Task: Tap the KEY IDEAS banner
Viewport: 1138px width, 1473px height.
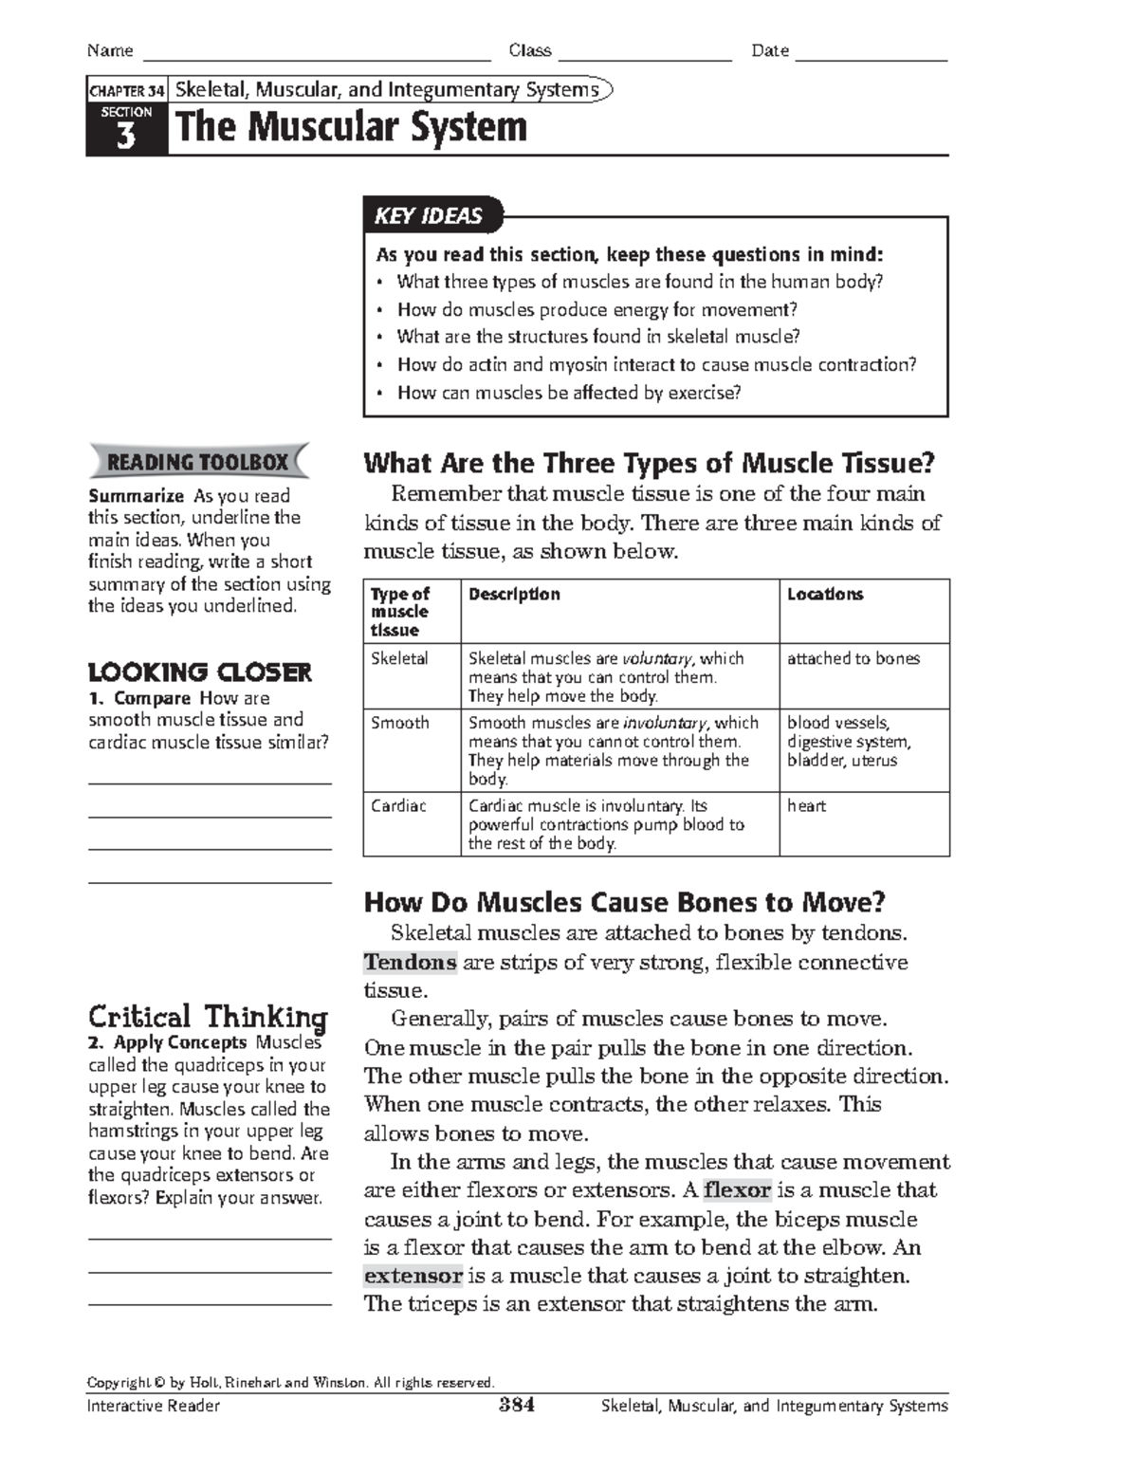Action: (x=429, y=216)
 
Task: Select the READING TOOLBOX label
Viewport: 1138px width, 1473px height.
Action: (x=197, y=462)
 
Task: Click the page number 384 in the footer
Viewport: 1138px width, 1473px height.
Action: (x=517, y=1406)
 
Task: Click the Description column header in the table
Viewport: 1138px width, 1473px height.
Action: (x=514, y=594)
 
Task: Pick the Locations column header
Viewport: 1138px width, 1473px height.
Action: (x=825, y=594)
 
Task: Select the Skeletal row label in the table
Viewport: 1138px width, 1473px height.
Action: (x=399, y=658)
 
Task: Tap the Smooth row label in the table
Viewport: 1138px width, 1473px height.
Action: (x=399, y=723)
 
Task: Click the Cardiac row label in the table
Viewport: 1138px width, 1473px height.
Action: (x=398, y=806)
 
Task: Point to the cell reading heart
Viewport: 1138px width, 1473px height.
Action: (x=806, y=806)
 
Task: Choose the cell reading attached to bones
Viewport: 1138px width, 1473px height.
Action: (x=853, y=658)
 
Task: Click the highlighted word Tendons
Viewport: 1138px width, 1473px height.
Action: (x=411, y=963)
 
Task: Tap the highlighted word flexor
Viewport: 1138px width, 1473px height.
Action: (x=737, y=1190)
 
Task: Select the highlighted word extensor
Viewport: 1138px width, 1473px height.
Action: (x=413, y=1276)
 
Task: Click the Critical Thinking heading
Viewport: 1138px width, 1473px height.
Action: (x=208, y=1018)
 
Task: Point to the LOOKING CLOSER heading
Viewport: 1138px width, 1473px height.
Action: (x=199, y=672)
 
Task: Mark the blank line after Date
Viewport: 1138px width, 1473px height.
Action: (x=871, y=52)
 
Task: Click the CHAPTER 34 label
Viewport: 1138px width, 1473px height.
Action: (x=126, y=91)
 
